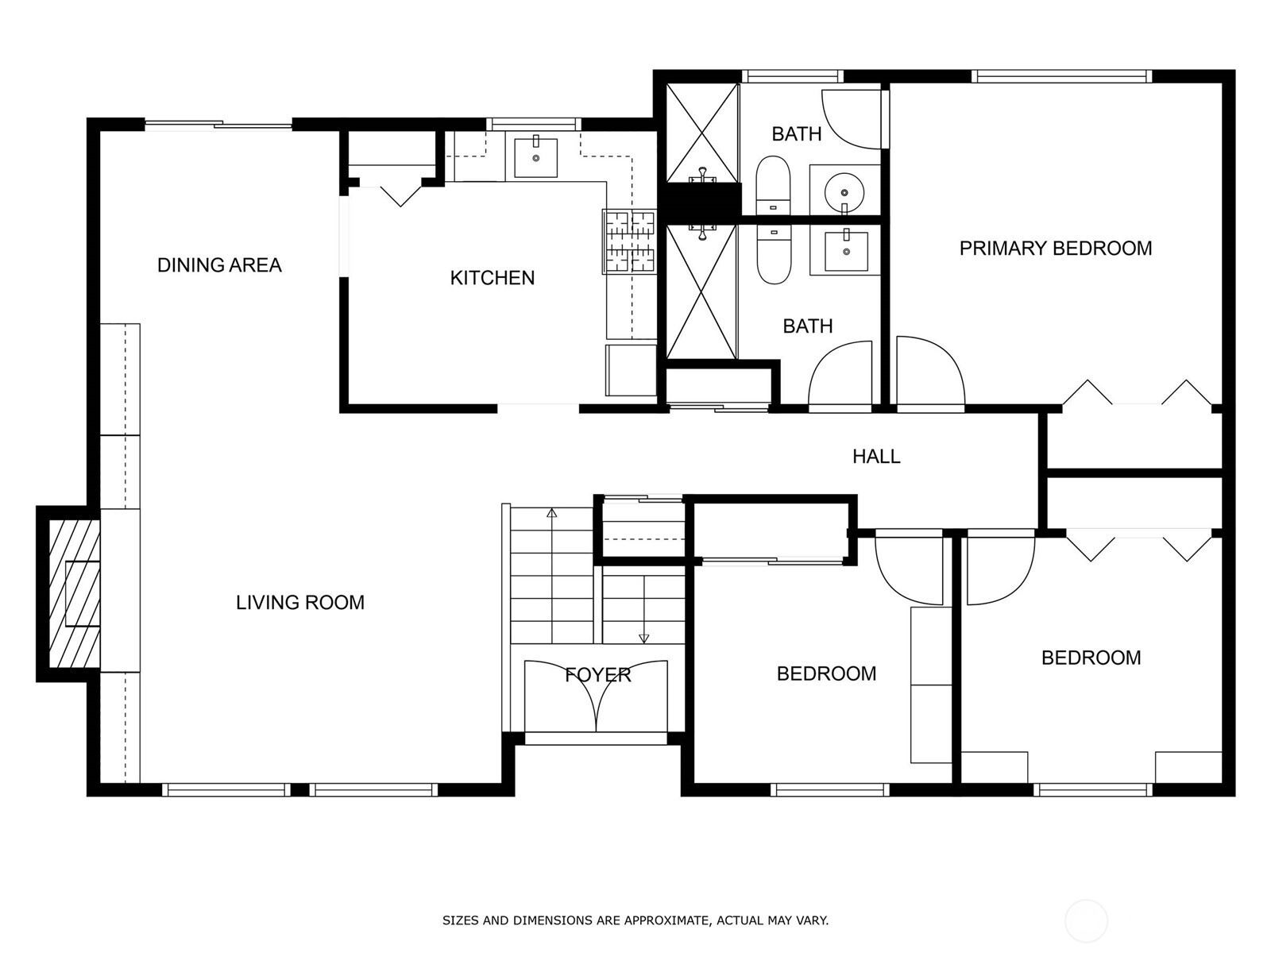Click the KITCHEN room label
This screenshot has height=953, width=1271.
point(493,278)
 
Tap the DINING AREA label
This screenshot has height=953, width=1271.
point(219,265)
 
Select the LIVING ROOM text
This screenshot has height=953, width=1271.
point(300,603)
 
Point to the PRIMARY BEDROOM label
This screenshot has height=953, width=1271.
point(1056,249)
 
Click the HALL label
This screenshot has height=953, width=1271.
point(876,457)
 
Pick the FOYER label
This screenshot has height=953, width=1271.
point(597,675)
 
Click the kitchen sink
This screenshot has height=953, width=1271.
point(535,156)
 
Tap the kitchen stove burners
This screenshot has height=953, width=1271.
point(630,241)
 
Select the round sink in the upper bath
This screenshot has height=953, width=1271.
point(844,191)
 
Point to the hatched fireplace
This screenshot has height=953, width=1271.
point(74,594)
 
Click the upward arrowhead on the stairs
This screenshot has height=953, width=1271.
point(552,513)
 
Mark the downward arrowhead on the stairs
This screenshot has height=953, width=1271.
point(644,639)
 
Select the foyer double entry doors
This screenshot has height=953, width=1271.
point(597,696)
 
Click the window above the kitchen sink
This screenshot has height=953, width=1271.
point(533,124)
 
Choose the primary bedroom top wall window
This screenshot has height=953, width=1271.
point(1061,76)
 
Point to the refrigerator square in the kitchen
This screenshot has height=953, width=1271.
point(631,370)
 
